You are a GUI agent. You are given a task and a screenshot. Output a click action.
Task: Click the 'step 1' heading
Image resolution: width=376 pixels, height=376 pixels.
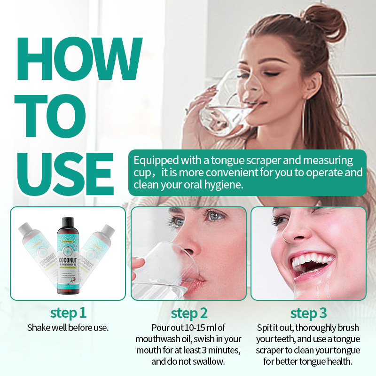tap(68, 313)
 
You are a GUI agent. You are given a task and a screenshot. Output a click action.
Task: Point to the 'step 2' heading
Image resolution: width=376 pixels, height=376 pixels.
tap(189, 313)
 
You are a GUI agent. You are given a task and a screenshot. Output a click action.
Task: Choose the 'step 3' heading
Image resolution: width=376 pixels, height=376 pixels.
tap(309, 313)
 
